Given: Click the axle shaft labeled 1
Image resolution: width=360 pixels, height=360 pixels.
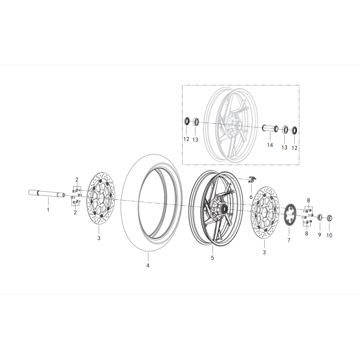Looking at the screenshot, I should pyautogui.click(x=47, y=194).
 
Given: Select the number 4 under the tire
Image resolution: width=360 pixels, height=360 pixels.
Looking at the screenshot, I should pyautogui.click(x=148, y=265).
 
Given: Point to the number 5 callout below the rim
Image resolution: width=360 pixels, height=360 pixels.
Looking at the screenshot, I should pyautogui.click(x=212, y=258).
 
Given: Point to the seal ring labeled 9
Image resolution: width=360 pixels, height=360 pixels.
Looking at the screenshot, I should pyautogui.click(x=320, y=218).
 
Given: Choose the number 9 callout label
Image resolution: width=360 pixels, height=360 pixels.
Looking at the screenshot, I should pyautogui.click(x=319, y=235).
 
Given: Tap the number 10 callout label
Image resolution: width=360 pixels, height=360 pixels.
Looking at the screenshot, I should pyautogui.click(x=329, y=235).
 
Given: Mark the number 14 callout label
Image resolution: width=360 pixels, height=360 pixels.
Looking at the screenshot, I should pyautogui.click(x=270, y=145).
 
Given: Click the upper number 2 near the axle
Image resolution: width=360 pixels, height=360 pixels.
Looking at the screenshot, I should pyautogui.click(x=77, y=180).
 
